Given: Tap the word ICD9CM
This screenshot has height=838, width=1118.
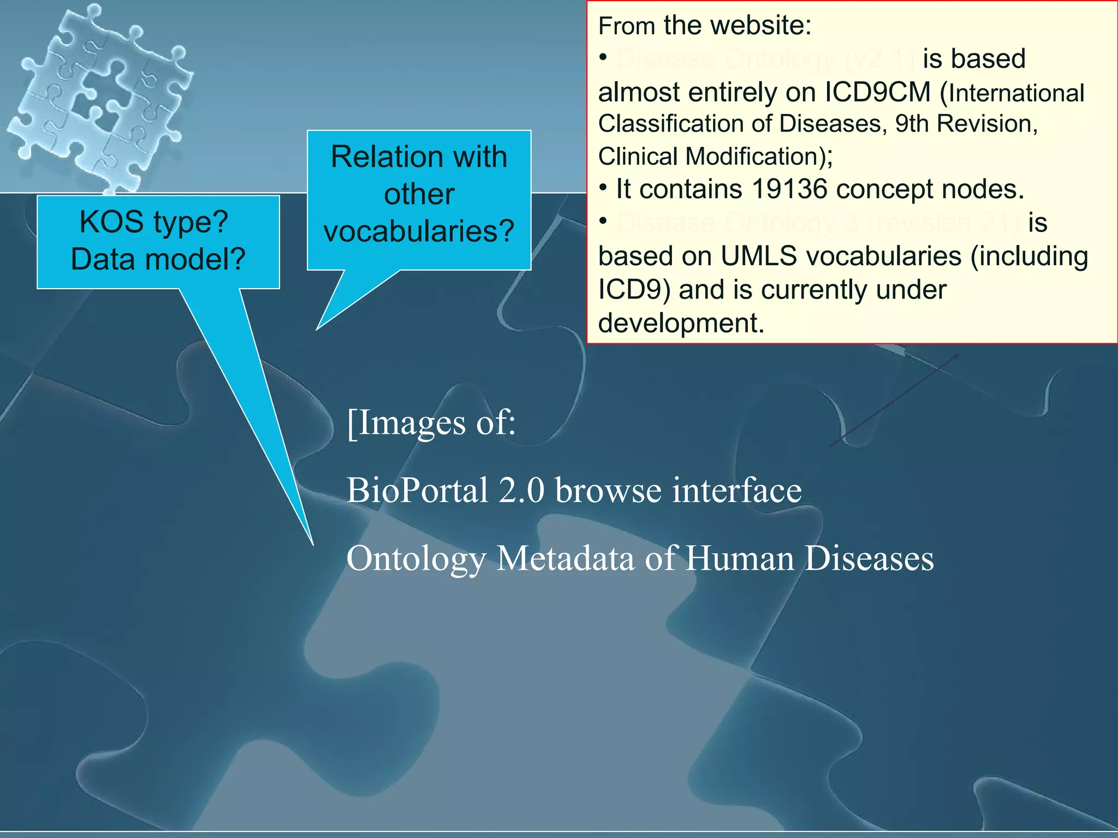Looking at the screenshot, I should pyautogui.click(x=877, y=92).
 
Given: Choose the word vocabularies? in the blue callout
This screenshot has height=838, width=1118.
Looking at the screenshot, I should pyautogui.click(x=419, y=231).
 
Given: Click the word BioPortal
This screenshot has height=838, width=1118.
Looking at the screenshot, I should pyautogui.click(x=418, y=490).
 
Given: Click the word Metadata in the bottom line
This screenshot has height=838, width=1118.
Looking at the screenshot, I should pyautogui.click(x=566, y=559).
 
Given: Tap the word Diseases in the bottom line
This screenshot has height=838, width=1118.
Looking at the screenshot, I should pyautogui.click(x=869, y=559).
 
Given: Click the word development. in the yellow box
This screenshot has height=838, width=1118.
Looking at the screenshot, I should pyautogui.click(x=681, y=324).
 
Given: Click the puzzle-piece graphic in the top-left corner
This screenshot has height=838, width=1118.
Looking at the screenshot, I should pyautogui.click(x=98, y=98).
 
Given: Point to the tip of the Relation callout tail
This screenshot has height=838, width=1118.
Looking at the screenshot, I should pyautogui.click(x=317, y=329).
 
